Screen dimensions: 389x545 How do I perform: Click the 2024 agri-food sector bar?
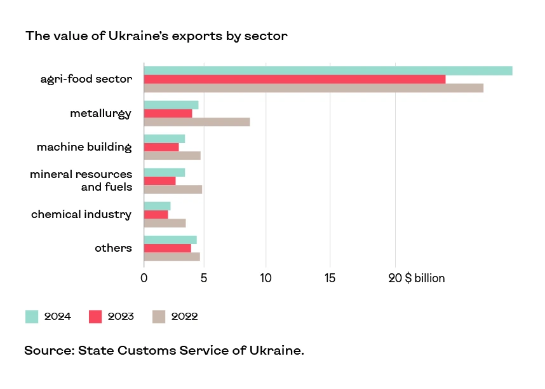[x=328, y=71]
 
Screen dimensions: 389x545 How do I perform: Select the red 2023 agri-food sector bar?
[x=294, y=79]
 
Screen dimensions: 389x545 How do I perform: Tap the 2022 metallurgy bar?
[x=197, y=122]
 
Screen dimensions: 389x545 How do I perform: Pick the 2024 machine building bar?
[x=165, y=139]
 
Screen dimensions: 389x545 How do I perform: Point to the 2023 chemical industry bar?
[x=156, y=214]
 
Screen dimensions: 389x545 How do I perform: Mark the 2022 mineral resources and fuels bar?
[x=173, y=189]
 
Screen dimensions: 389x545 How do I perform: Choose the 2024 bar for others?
[x=170, y=240]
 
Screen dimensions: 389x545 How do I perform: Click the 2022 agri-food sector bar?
[x=313, y=88]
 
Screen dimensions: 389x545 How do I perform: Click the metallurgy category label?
[x=100, y=114]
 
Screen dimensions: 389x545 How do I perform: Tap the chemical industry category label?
[x=81, y=214]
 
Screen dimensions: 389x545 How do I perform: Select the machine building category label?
[x=84, y=147]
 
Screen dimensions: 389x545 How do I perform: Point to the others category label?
[x=113, y=248]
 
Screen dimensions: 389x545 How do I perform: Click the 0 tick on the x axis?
[x=144, y=278]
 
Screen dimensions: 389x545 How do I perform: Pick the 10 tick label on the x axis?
[x=266, y=278]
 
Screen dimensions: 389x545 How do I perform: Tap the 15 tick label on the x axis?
[x=330, y=278]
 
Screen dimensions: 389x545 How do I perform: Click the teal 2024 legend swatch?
[x=32, y=317]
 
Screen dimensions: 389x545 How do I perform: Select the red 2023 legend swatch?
[x=95, y=317]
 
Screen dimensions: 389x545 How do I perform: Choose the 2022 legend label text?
[x=184, y=317]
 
